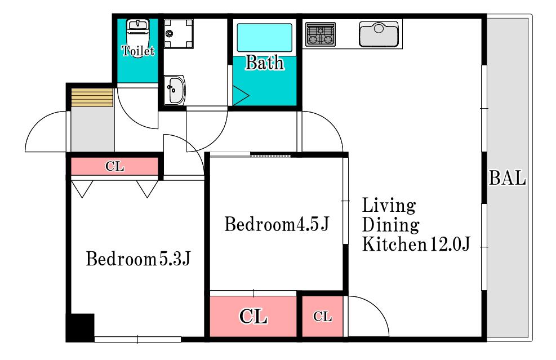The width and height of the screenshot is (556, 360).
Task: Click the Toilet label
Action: tap(138, 51)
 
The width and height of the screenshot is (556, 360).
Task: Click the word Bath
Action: tap(265, 63)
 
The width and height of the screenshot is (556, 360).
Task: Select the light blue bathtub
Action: tap(265, 38)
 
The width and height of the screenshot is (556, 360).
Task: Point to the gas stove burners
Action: tap(320, 34)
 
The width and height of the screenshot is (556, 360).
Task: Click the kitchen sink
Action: tap(379, 34)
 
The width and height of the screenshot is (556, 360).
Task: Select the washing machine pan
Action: tap(179, 34)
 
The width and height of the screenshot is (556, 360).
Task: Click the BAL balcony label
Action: tap(507, 178)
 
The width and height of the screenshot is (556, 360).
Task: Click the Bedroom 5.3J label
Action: tap(138, 259)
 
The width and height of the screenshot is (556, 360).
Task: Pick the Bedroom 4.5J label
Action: tap(277, 224)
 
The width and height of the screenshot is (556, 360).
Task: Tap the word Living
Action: tap(389, 206)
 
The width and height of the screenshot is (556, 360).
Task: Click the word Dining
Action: tap(390, 225)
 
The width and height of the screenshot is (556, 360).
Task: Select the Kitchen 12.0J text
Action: tap(416, 244)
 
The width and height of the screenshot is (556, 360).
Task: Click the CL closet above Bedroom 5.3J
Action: tap(114, 166)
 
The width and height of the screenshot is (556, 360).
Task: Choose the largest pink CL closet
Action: tap(253, 316)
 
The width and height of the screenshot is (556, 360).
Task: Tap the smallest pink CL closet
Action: tap(322, 316)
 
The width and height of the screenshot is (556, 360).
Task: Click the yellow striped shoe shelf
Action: tap(92, 97)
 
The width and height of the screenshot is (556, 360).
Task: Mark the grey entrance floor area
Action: tap(92, 129)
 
